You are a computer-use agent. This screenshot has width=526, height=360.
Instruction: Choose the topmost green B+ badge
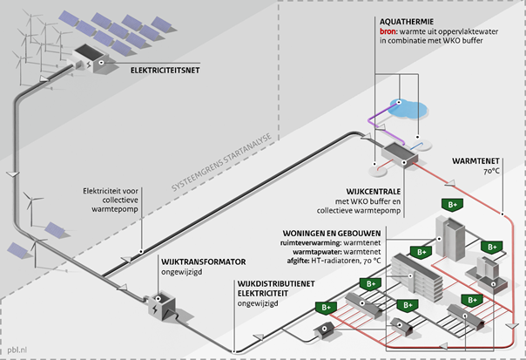[x=453, y=205]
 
